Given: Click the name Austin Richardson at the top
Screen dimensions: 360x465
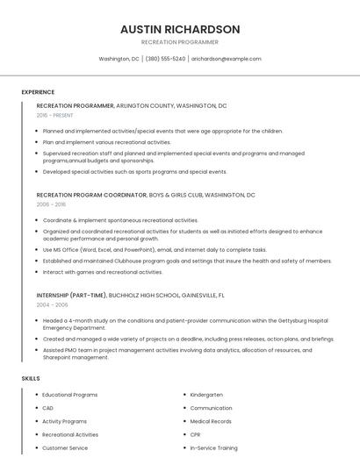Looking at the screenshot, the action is (180, 29).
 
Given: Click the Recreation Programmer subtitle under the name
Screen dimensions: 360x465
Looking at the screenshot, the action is (180, 42).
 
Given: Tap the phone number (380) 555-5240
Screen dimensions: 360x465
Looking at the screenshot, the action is (165, 59).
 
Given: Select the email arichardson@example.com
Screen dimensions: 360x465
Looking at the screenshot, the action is (227, 59).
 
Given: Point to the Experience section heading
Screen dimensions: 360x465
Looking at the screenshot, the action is (38, 92).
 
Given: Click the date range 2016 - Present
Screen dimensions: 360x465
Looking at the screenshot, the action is (54, 115).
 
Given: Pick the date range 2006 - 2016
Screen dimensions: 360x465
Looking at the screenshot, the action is (51, 204).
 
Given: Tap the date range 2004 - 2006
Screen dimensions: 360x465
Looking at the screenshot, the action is (52, 304).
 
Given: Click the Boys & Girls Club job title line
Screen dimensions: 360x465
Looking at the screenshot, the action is (146, 195).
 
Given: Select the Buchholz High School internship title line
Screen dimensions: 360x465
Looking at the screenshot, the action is (130, 296).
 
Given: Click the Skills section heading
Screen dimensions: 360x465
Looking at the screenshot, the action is (31, 378).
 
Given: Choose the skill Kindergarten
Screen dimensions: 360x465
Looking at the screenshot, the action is (207, 395).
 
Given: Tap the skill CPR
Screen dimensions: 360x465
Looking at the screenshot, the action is (196, 434).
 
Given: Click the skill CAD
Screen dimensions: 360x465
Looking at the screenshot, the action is (48, 408).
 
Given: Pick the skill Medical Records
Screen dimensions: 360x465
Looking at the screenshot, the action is (211, 421).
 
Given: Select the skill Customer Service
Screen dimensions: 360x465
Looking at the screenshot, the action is (65, 447).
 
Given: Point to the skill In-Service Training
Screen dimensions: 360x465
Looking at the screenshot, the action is (213, 447).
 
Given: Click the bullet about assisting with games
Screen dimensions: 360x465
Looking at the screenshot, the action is (103, 272).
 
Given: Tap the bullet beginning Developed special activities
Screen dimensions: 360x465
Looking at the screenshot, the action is (134, 172).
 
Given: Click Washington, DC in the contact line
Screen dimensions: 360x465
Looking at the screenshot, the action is (119, 59).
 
